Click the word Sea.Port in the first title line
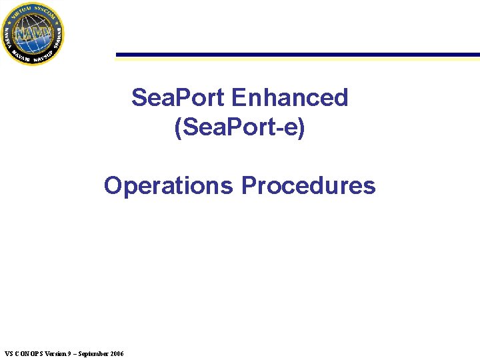tap(178, 98)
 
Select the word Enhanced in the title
tap(289, 98)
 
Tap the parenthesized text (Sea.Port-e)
tap(239, 127)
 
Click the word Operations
tap(169, 185)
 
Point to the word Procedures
tap(308, 185)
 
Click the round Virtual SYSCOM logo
tap(33, 33)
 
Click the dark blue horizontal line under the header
tap(297, 55)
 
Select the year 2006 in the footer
tap(116, 353)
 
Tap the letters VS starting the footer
tap(8, 353)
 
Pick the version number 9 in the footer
tap(69, 353)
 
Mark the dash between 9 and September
tap(74, 353)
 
